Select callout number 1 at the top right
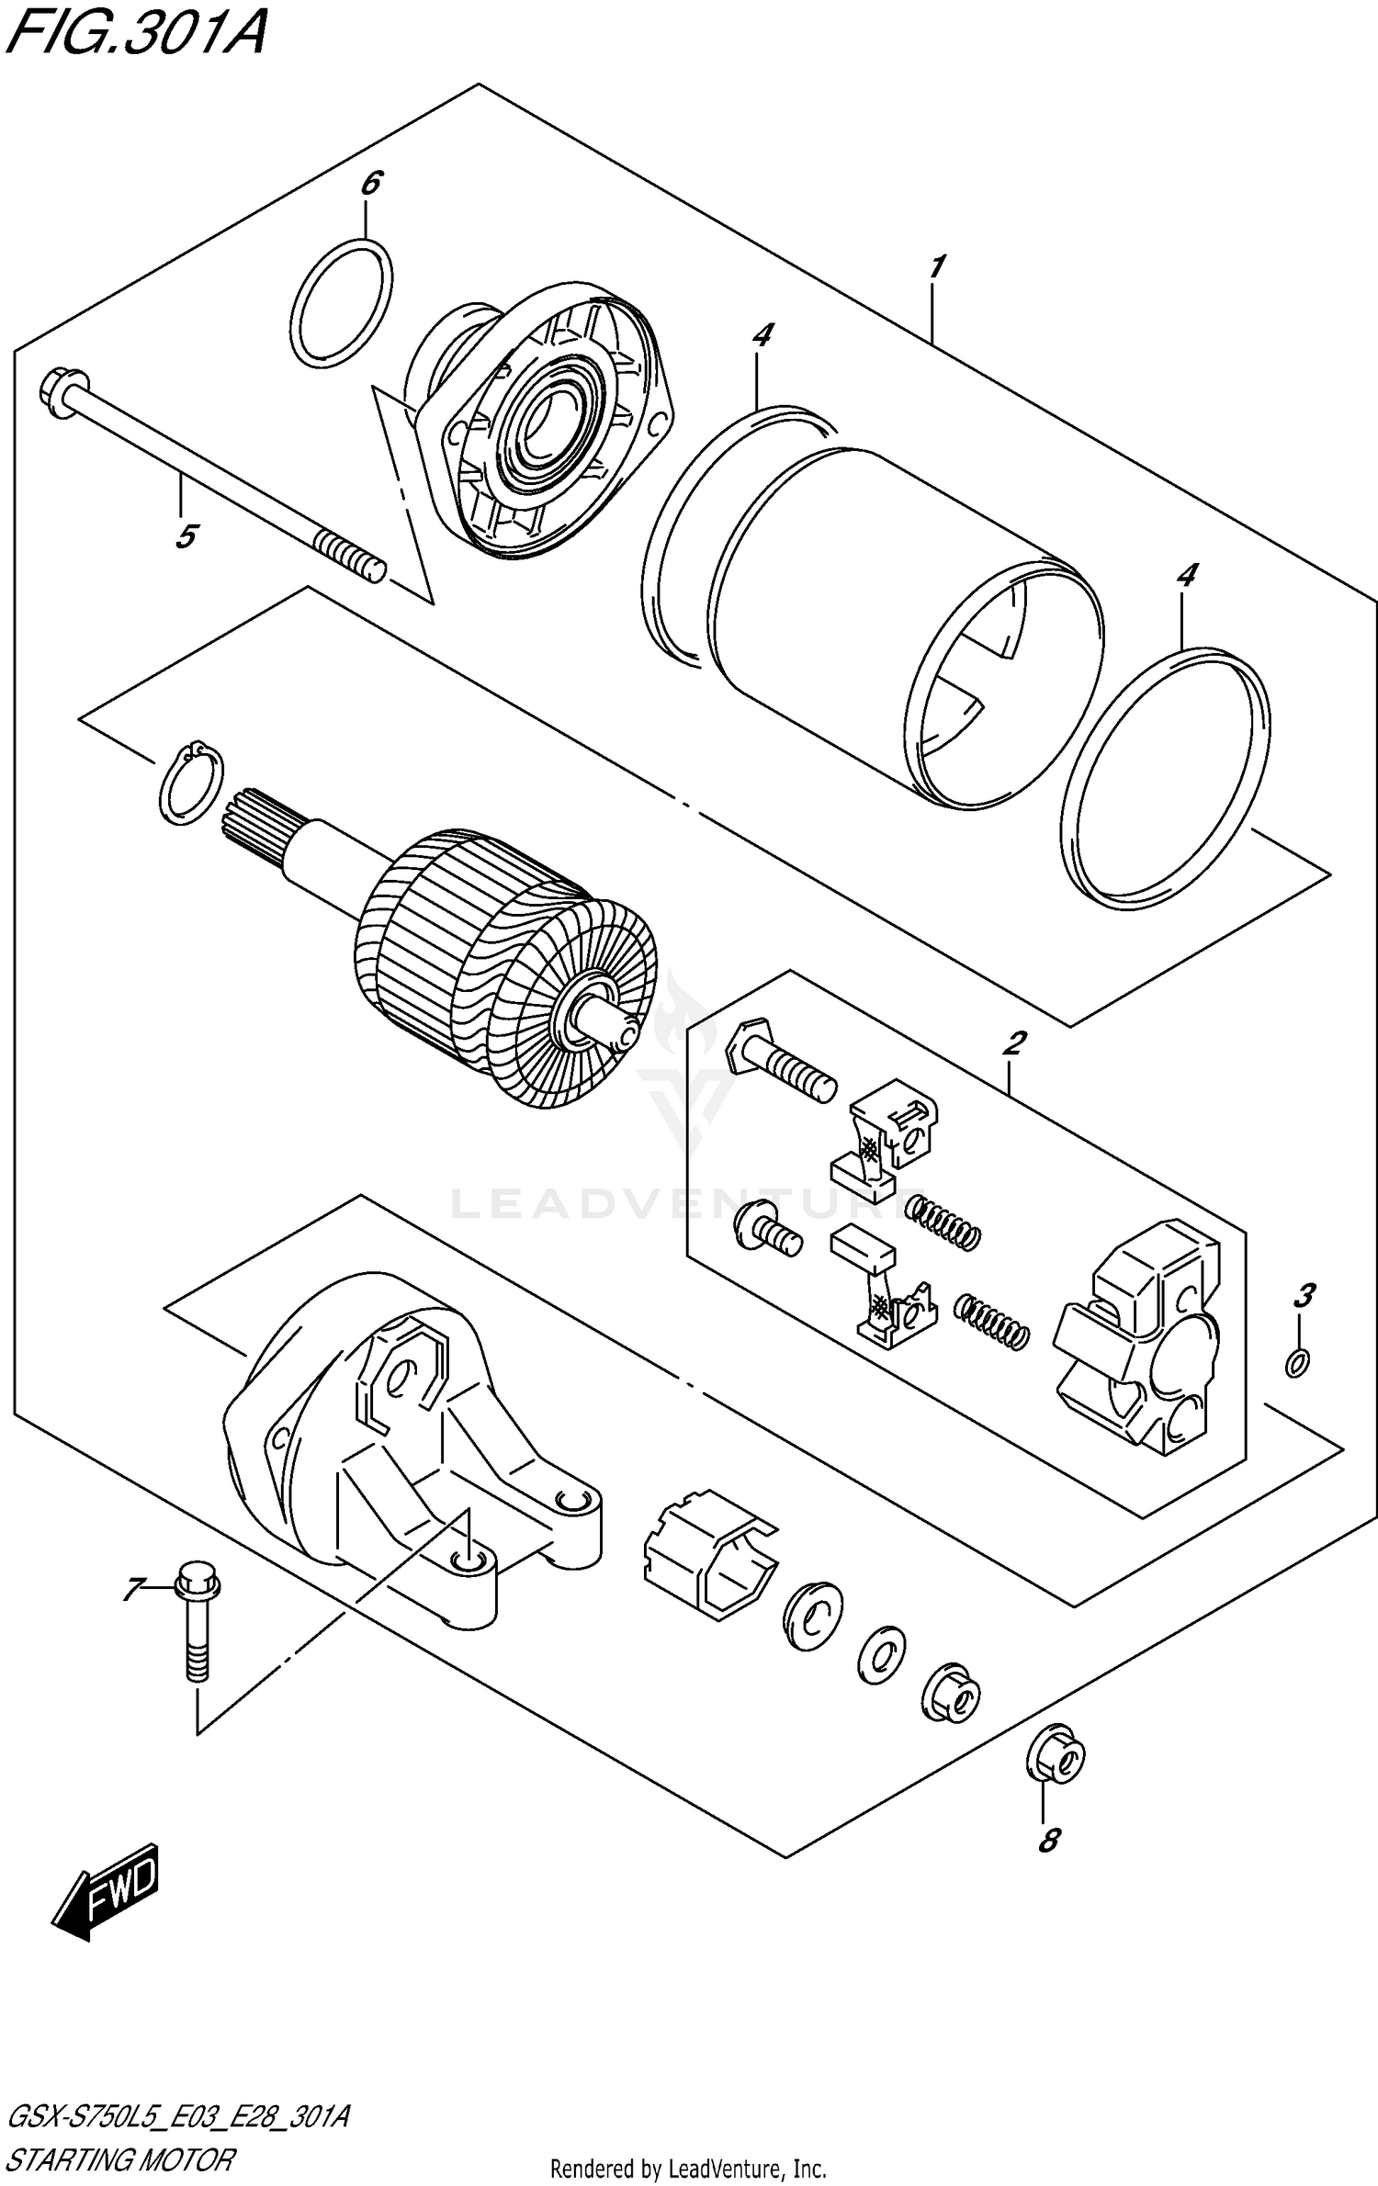pyautogui.click(x=935, y=267)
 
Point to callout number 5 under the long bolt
pyautogui.click(x=186, y=535)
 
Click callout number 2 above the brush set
pyautogui.click(x=1014, y=1043)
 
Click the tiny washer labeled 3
pyautogui.click(x=1297, y=1364)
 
